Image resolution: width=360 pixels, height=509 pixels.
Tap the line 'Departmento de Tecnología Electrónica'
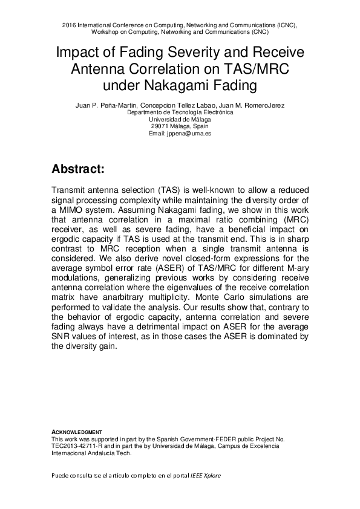[180, 112]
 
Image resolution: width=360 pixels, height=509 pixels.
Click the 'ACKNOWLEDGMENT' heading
[77, 432]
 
